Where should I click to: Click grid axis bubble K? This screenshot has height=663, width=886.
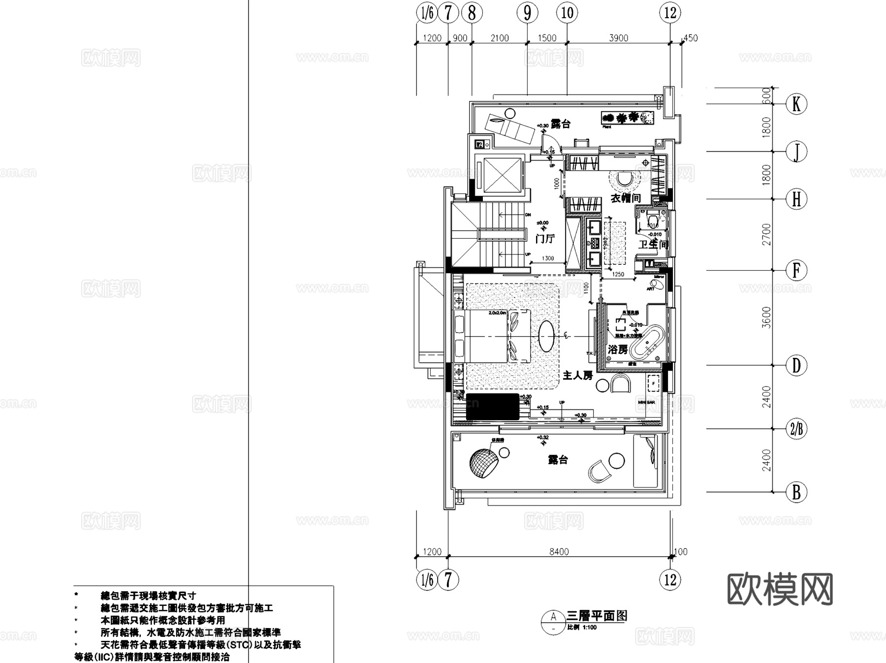point(796,104)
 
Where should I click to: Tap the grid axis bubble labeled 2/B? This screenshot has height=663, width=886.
point(796,429)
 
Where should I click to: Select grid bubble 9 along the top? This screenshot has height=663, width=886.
point(527,13)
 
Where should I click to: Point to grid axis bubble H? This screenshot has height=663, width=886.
point(796,199)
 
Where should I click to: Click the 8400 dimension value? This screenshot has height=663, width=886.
point(559,552)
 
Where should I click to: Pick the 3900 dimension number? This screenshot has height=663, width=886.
point(618,38)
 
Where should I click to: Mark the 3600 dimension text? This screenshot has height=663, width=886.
point(766,317)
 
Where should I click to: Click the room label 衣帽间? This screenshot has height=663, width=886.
point(626,198)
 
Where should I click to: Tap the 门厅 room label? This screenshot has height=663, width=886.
point(545,239)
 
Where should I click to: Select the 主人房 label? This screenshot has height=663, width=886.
point(577,376)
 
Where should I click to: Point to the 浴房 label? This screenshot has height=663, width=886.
point(618,349)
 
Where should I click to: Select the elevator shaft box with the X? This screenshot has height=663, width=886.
point(502,175)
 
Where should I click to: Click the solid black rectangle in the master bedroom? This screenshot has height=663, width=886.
point(493,407)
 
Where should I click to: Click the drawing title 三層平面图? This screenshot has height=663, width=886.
point(597,616)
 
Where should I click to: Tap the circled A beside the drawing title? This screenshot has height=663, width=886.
point(553,617)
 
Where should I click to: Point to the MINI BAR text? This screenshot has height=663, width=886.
point(646,402)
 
